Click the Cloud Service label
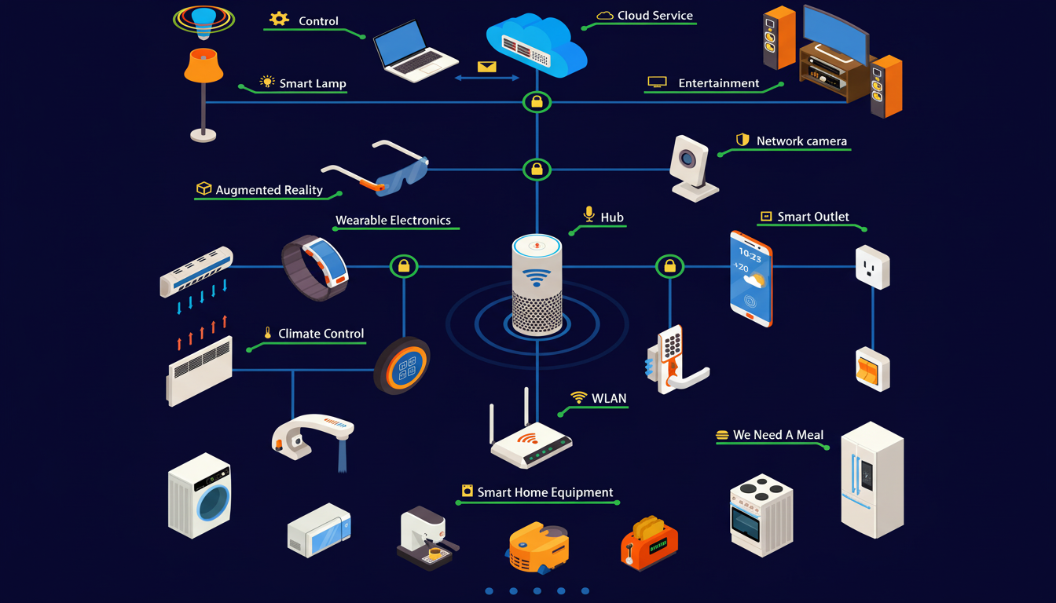click(655, 16)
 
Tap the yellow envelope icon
click(487, 67)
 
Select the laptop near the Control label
click(414, 49)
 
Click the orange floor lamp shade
click(203, 66)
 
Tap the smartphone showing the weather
click(751, 278)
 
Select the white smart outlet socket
click(872, 267)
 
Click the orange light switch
click(872, 370)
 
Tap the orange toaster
click(648, 542)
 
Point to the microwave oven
click(319, 532)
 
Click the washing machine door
click(213, 500)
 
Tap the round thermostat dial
click(403, 366)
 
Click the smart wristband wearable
click(315, 267)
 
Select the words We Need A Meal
click(778, 435)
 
